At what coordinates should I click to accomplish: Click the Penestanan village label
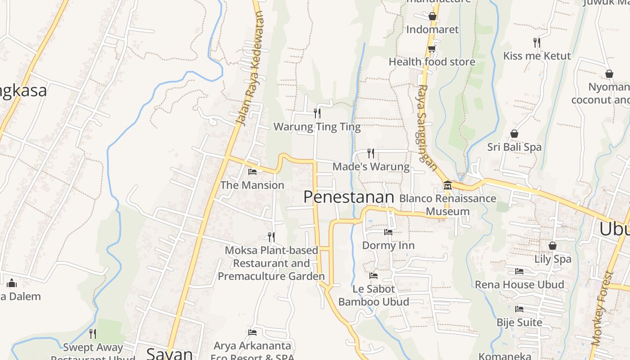pos(349,197)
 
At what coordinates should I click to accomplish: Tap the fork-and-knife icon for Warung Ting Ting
pos(317,113)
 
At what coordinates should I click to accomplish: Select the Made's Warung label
pos(371,167)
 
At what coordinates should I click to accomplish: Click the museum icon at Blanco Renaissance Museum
pos(447,185)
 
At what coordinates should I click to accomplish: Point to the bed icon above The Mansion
pos(252,171)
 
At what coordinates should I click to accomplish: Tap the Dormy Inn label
pos(388,246)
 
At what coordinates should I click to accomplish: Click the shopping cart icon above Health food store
pos(432,49)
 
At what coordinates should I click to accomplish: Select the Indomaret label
pos(432,30)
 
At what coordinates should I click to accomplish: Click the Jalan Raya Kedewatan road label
pos(250,67)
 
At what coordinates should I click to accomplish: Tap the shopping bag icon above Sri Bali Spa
pos(514,134)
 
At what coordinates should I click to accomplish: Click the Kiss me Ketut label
pos(537,56)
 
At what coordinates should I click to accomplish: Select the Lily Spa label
pos(553,259)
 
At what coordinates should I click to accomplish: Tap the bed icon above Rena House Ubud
pos(519,271)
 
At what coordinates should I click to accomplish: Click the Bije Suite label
pos(519,323)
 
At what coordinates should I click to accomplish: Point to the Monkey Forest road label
pos(603,308)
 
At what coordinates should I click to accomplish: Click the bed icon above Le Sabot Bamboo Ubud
pos(373,275)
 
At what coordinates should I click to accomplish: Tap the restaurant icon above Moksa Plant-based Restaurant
pos(271,237)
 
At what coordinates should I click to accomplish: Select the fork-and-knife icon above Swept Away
pos(93,333)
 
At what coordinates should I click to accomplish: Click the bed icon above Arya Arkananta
pos(252,333)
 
